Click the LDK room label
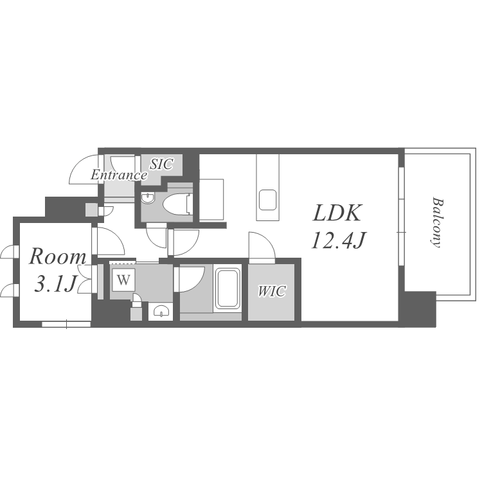pos(337,213)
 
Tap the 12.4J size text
pos(338,240)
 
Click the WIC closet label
pos(272,291)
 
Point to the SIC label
pos(161,164)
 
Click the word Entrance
pos(119,175)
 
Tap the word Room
pos(57,256)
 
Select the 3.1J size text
pos(55,283)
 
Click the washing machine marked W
pos(123,280)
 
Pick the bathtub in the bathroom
pos(227,289)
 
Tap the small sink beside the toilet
pos(148,199)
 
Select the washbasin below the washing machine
pos(161,312)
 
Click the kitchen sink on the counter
pos(267,200)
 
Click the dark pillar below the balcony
pos(420,308)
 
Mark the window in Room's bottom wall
pos(66,324)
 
